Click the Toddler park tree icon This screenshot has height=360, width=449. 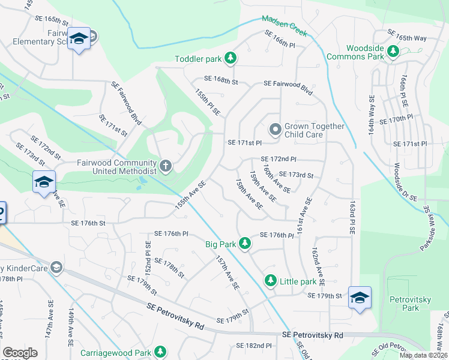point(231,58)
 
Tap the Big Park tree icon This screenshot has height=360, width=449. point(245,244)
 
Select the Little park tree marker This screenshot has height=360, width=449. point(271,281)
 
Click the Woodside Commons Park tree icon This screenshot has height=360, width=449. point(394,52)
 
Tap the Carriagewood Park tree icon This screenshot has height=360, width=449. point(160,351)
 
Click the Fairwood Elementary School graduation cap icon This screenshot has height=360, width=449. point(78,38)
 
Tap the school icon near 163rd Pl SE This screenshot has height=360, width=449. point(360,298)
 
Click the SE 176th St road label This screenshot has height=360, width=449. point(88,223)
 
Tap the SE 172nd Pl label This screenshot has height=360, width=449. point(279,159)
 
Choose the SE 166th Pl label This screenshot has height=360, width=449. point(280,44)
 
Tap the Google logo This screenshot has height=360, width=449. point(20,353)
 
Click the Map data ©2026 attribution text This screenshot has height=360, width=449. point(423,355)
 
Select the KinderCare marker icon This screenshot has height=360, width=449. point(56,267)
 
